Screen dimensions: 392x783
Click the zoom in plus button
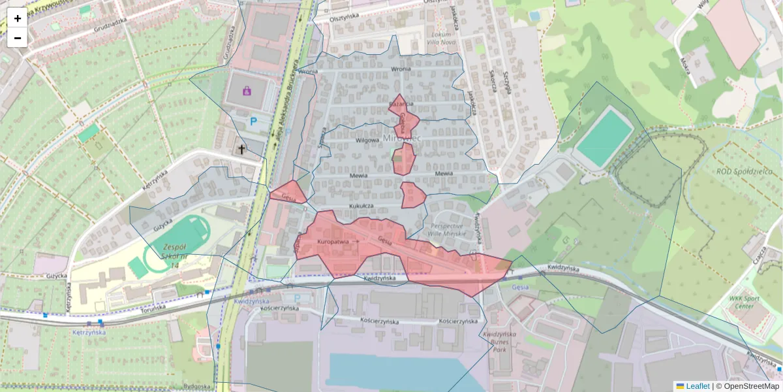pyautogui.click(x=18, y=18)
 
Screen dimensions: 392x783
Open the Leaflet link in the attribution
pyautogui.click(x=698, y=386)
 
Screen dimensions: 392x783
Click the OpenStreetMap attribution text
pyautogui.click(x=751, y=386)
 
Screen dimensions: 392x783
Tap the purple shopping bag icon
pyautogui.click(x=247, y=91)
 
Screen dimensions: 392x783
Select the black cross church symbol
pyautogui.click(x=241, y=150)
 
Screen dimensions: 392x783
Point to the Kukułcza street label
pyautogui.click(x=361, y=206)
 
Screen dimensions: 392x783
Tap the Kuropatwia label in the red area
pyautogui.click(x=333, y=242)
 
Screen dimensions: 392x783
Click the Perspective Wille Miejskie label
pyautogui.click(x=446, y=229)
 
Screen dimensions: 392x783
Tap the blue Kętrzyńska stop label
pyautogui.click(x=89, y=333)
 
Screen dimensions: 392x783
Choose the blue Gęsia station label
pyautogui.click(x=520, y=286)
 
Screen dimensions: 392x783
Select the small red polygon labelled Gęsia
pyautogui.click(x=288, y=194)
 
